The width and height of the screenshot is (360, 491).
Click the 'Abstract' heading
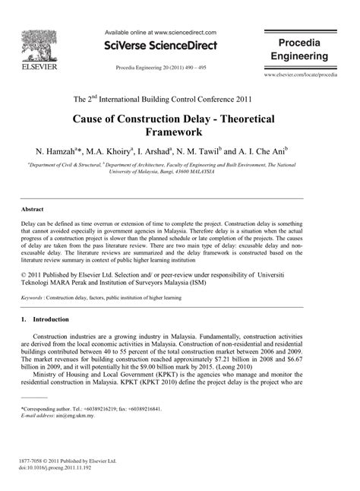(x=32, y=209)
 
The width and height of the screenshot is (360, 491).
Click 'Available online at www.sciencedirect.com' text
(x=159, y=33)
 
